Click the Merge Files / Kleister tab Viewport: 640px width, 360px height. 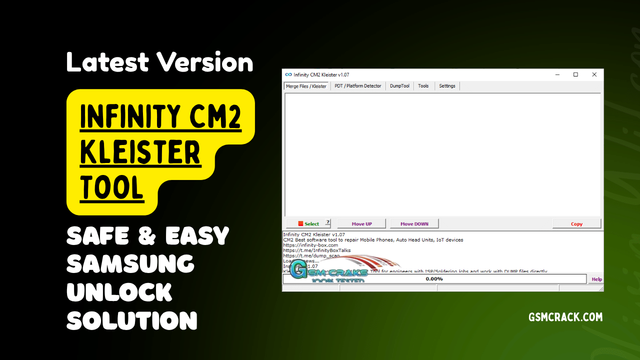click(x=306, y=86)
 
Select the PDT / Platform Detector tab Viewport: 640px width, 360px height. click(x=358, y=86)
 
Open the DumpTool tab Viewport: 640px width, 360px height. click(x=399, y=86)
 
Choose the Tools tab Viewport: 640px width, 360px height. click(x=423, y=86)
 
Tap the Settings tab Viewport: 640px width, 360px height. click(x=447, y=86)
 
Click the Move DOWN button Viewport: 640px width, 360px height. click(x=414, y=224)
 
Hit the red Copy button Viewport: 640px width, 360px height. click(x=576, y=224)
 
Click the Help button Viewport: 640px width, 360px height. click(x=596, y=279)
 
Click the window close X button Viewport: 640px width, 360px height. click(x=594, y=74)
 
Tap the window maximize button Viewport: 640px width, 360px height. click(x=575, y=74)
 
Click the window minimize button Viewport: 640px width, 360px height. click(x=557, y=74)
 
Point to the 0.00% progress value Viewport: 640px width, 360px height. click(x=434, y=279)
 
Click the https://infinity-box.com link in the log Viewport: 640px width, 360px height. click(x=310, y=245)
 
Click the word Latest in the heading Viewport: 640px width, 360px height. click(x=107, y=62)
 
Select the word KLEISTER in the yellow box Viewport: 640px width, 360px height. click(x=140, y=153)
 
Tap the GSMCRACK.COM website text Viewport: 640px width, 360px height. click(x=565, y=317)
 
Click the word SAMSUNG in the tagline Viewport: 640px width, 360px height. click(x=130, y=263)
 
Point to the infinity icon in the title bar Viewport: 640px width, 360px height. click(x=288, y=74)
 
